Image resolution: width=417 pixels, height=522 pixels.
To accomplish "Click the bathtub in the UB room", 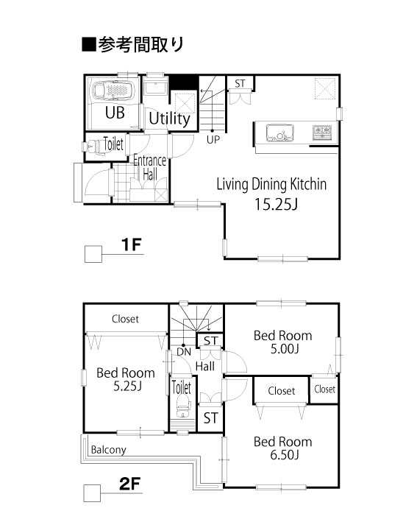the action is point(113,91).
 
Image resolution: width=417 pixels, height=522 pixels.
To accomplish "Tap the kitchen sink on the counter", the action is point(280,133).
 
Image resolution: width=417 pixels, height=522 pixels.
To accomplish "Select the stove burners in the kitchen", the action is point(322,133).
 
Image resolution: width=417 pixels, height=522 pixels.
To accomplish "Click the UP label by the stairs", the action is point(213,140).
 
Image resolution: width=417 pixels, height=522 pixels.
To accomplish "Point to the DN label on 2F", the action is point(184,351).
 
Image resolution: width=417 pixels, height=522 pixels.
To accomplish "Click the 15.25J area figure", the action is point(276,204).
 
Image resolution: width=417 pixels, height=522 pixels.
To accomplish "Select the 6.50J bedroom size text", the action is point(285,454).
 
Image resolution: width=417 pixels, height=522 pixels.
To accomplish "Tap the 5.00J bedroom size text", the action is point(285,348).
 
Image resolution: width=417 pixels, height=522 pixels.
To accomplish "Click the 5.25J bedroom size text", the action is point(127,386).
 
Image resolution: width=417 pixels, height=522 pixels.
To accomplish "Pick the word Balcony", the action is point(108,450).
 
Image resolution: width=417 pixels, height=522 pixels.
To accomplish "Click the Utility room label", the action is point(170,119).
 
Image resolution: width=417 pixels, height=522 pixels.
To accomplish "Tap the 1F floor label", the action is point(132,244).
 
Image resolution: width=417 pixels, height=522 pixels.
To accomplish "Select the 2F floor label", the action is point(129,484).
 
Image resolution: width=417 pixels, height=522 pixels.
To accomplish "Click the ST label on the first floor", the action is point(240,83).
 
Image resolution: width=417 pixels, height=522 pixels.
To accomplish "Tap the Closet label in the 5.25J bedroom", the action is point(125,319).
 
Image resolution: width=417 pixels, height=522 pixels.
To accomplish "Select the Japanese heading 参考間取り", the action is point(133,44).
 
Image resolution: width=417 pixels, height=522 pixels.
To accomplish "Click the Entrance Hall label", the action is point(149,167).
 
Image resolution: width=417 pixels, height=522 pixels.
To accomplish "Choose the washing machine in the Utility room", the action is point(155,85).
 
